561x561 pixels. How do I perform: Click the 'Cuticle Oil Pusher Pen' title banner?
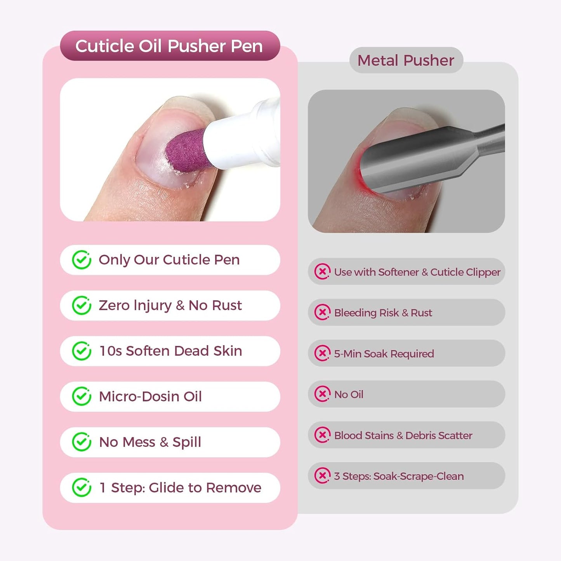click(170, 46)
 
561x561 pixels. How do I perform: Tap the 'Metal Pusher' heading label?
click(406, 61)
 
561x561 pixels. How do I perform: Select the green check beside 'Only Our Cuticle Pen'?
click(82, 260)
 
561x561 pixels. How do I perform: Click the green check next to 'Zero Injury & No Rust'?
click(82, 306)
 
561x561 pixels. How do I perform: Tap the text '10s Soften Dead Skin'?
click(170, 351)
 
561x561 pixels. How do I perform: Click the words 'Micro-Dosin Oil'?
click(150, 396)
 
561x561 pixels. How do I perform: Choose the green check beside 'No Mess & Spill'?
click(82, 442)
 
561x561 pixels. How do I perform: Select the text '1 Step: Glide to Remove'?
click(180, 488)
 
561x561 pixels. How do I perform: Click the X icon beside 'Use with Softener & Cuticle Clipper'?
click(322, 272)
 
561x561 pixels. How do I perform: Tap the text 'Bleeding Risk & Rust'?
click(383, 313)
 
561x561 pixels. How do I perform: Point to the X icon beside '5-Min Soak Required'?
click(322, 353)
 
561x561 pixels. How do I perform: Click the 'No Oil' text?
click(349, 394)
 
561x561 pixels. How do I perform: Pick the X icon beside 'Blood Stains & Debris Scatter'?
click(322, 435)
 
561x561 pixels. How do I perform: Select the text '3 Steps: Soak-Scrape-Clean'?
click(399, 476)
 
